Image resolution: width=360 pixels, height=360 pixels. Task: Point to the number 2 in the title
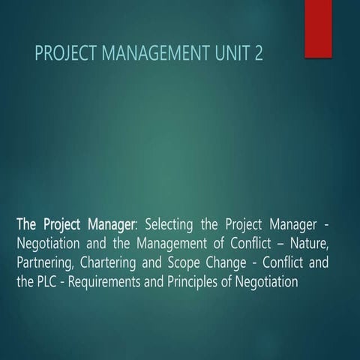[x=259, y=54]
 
